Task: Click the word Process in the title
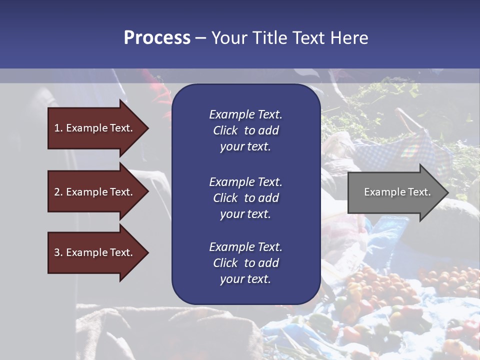click(157, 38)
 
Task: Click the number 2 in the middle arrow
click(57, 192)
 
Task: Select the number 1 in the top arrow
click(57, 128)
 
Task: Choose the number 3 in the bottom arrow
click(57, 252)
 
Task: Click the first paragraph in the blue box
click(245, 130)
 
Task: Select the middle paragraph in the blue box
click(245, 197)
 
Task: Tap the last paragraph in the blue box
click(245, 263)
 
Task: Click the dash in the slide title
click(200, 38)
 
